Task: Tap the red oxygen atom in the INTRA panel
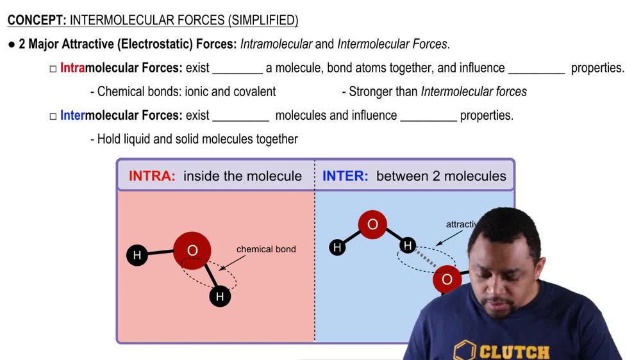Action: (192, 250)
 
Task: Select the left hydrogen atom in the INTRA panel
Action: (137, 256)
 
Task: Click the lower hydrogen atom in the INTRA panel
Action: (220, 296)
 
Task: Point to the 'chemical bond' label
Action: (266, 249)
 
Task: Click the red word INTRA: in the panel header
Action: (152, 176)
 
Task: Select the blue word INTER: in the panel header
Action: (345, 176)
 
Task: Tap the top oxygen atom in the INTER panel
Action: (372, 225)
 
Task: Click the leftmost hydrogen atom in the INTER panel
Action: (337, 247)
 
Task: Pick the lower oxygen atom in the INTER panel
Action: (447, 279)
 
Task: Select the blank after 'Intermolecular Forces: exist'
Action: (240, 117)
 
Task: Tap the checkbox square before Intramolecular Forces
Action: (53, 69)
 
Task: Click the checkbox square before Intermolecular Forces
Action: (53, 116)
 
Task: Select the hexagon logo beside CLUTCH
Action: (465, 351)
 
